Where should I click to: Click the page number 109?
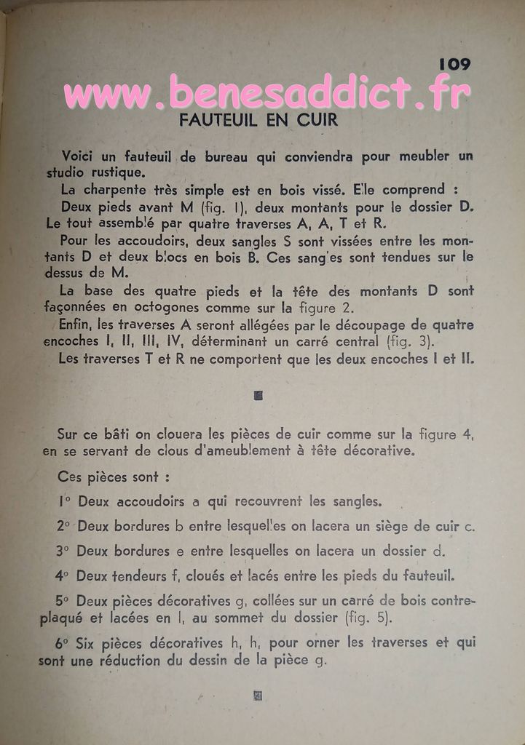454,65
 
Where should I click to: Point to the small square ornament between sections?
258,396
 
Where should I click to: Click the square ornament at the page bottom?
257,696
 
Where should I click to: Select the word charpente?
117,191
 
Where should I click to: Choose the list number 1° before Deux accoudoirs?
64,501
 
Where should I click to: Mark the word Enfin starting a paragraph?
78,325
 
